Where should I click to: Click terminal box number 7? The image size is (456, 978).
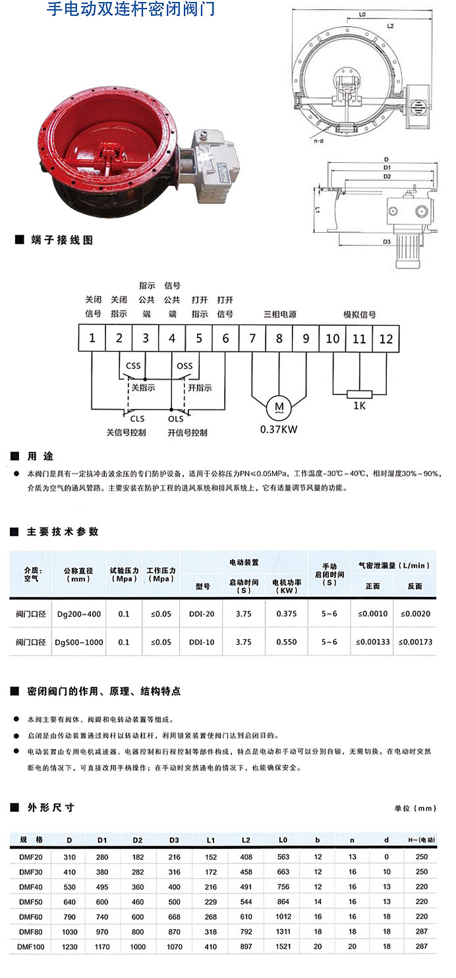tap(252, 338)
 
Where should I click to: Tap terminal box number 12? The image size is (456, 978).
tap(386, 338)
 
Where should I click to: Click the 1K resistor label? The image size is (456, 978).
tap(359, 406)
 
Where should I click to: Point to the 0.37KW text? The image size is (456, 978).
tap(279, 429)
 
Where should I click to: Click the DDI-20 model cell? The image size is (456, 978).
tap(201, 614)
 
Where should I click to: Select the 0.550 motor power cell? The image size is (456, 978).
tap(287, 642)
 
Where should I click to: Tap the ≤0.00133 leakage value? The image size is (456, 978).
tap(372, 642)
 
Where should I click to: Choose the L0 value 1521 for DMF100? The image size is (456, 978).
tap(283, 946)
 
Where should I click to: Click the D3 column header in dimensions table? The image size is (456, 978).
tap(174, 840)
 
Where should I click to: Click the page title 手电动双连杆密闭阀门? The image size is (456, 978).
tap(130, 10)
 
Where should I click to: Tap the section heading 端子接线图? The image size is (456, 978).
tap(62, 240)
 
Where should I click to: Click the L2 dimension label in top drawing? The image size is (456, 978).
tap(390, 26)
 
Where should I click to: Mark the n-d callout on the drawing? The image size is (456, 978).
tap(318, 140)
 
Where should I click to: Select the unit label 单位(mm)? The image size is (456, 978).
tap(415, 809)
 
